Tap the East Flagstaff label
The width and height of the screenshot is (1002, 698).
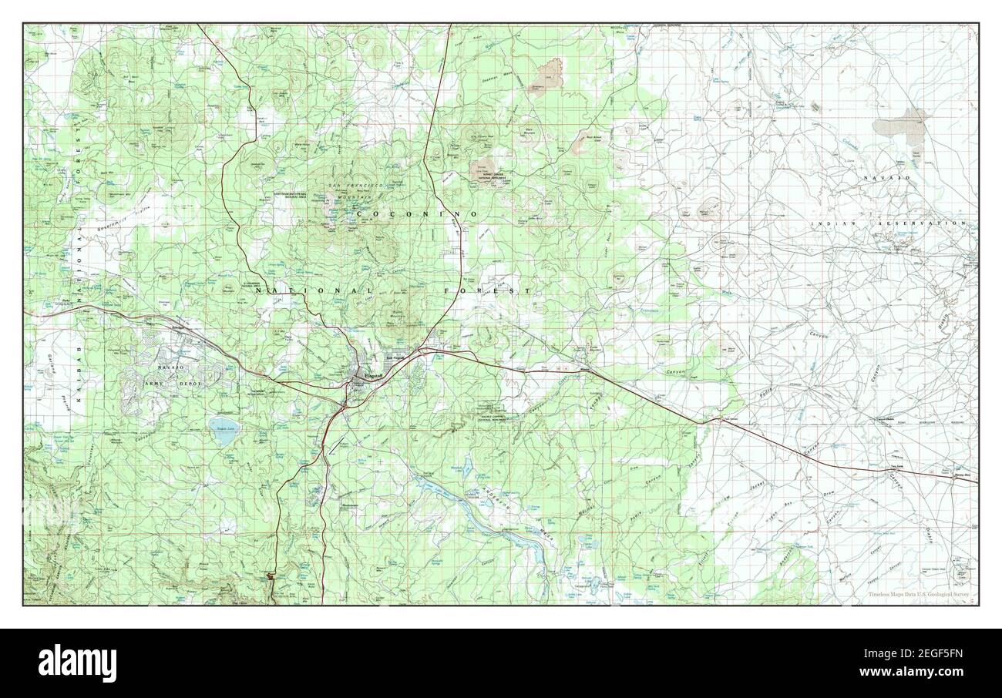pyautogui.click(x=395, y=357)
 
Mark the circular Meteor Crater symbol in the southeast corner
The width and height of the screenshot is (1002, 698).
pyautogui.click(x=961, y=572)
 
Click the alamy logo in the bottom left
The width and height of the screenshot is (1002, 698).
pyautogui.click(x=71, y=662)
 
